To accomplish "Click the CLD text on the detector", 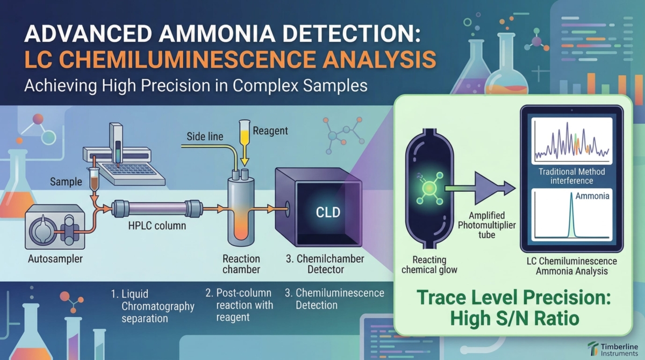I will click(x=328, y=212).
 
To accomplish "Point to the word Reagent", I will click(x=270, y=131).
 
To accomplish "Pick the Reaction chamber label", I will click(x=242, y=264).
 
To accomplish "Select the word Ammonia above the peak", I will click(x=592, y=196).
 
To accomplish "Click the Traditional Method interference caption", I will click(x=572, y=176).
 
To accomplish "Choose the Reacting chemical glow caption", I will click(x=429, y=264).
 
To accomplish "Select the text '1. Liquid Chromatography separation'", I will click(x=153, y=307).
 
